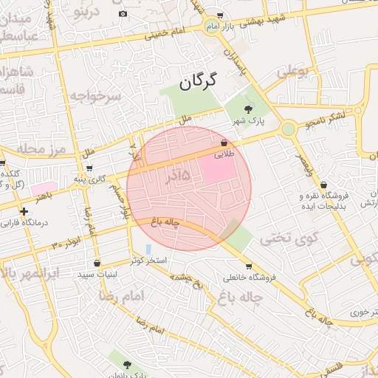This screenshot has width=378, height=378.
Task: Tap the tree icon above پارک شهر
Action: tap(247, 109)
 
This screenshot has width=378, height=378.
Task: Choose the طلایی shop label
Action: tap(223, 156)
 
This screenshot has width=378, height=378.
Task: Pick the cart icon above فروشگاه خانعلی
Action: tap(248, 267)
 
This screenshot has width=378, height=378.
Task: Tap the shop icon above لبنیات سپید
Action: tap(97, 263)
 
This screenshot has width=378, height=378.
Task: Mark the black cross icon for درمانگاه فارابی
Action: tap(24, 211)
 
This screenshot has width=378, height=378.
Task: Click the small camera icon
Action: tap(123, 14)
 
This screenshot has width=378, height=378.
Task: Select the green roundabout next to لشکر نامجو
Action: tap(288, 129)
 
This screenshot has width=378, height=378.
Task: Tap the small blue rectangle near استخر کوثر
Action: tap(148, 249)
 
